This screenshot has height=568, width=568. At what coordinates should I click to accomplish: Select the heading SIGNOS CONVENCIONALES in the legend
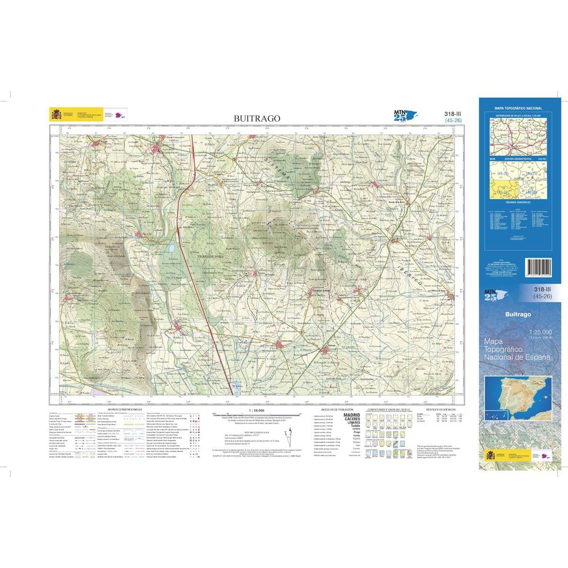click(x=124, y=408)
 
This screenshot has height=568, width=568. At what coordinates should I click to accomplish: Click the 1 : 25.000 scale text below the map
click(x=256, y=410)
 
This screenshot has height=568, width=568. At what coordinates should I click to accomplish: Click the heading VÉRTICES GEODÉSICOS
click(x=440, y=408)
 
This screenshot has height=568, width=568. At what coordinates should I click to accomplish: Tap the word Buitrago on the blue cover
click(x=518, y=314)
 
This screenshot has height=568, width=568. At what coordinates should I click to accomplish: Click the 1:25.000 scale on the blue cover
click(x=540, y=332)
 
